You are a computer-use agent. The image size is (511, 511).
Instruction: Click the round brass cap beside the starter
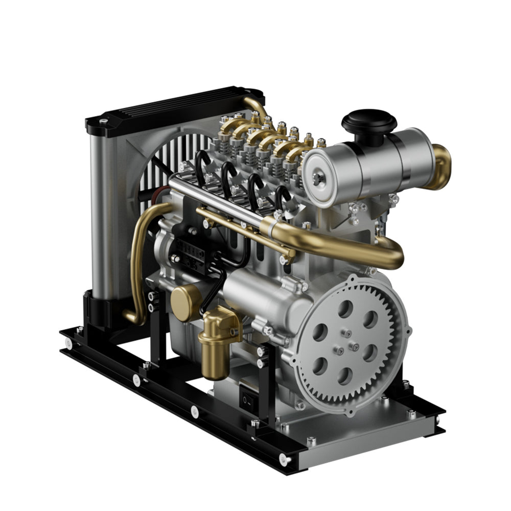[184, 303]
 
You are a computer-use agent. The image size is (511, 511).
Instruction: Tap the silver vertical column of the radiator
[101, 215]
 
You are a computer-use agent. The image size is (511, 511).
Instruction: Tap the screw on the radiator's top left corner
[104, 122]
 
